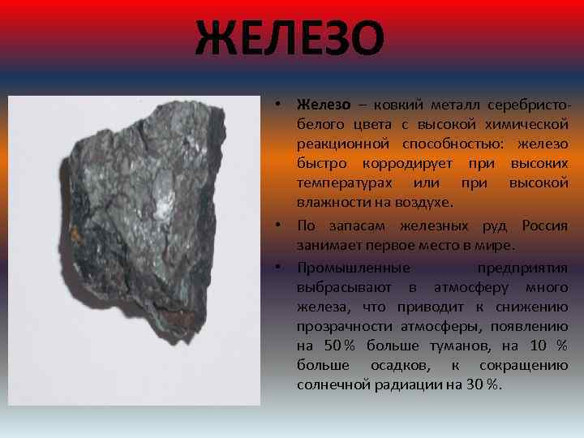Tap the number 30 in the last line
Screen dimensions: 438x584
(476, 384)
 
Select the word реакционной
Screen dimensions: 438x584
(341, 144)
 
